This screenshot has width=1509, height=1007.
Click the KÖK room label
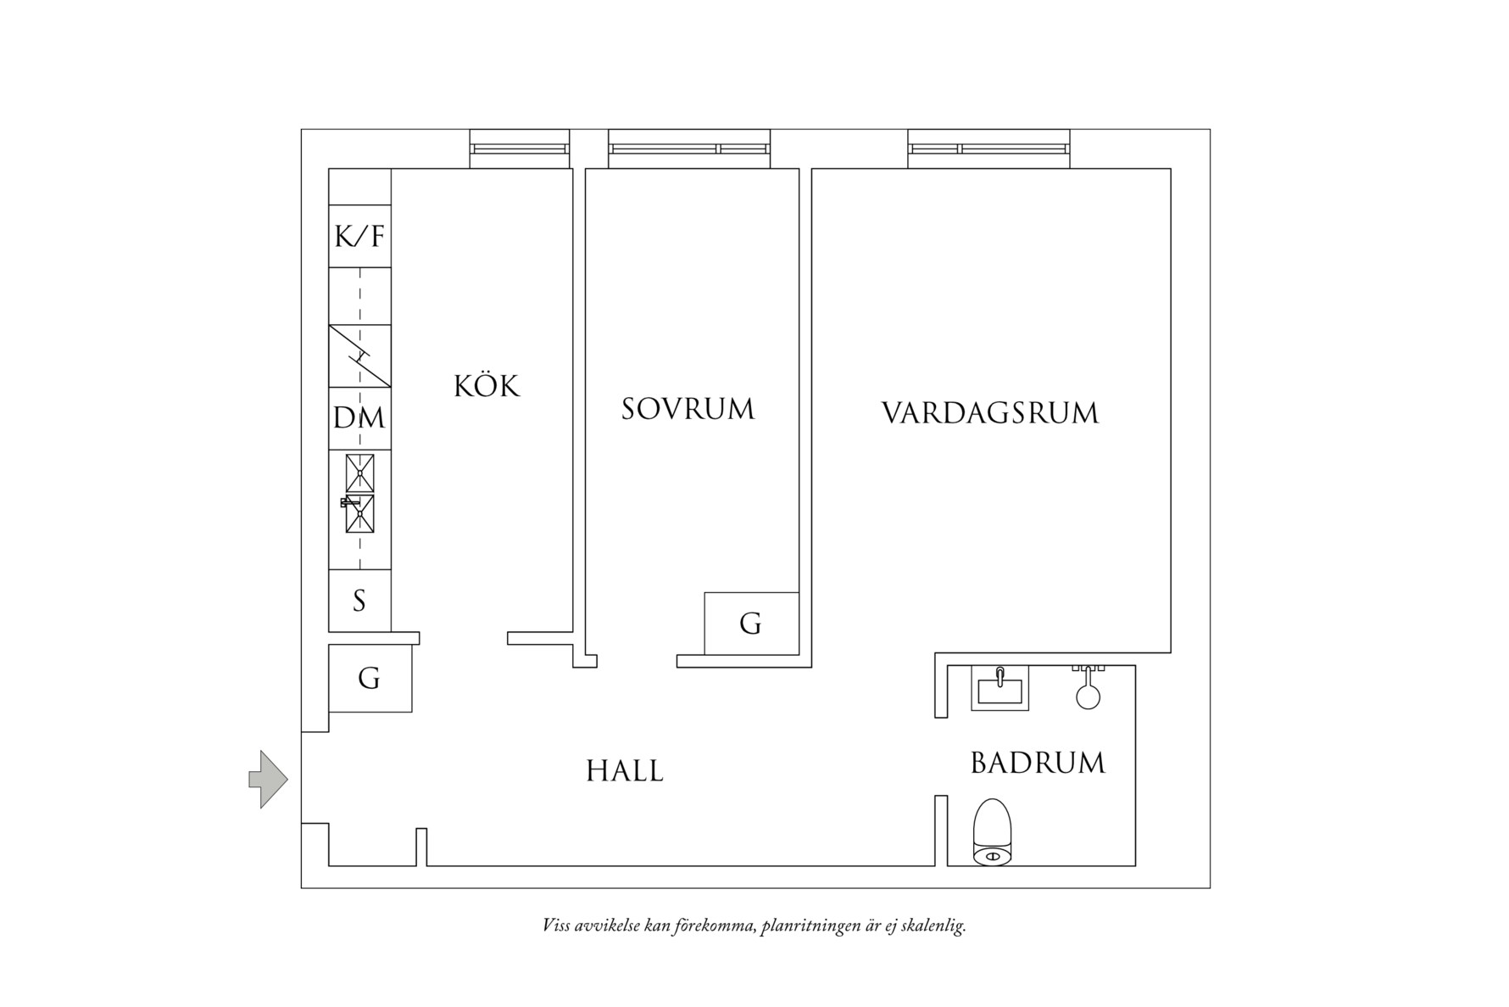[x=487, y=386]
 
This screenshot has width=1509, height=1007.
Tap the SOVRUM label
[x=688, y=410]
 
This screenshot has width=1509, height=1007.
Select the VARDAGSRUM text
[x=990, y=413]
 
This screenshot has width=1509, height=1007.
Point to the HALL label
[x=625, y=771]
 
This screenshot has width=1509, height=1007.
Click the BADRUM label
[x=1038, y=763]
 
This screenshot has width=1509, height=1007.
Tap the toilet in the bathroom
[x=993, y=833]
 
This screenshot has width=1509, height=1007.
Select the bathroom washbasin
[x=1000, y=687]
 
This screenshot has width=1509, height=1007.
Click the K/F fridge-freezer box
[x=359, y=236]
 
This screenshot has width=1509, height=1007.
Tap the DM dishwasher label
[x=359, y=418]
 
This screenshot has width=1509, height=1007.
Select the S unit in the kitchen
[x=359, y=601]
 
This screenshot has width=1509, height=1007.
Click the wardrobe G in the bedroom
[x=750, y=624]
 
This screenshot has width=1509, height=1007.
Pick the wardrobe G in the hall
[x=370, y=679]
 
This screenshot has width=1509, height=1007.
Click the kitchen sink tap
[x=348, y=502]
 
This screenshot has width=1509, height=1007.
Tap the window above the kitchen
[x=520, y=148]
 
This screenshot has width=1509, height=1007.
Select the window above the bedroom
[x=689, y=148]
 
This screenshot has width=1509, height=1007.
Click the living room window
[x=988, y=148]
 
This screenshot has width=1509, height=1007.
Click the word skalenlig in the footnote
[x=934, y=926]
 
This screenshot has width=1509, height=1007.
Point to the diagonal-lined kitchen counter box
[x=359, y=355]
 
